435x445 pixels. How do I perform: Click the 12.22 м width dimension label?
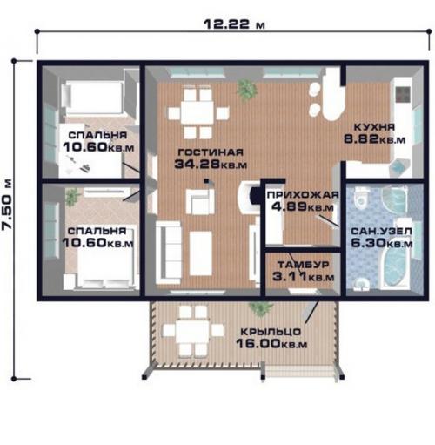(x=234, y=24)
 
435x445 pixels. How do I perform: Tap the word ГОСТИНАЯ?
(x=211, y=152)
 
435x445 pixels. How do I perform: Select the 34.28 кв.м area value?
(x=211, y=165)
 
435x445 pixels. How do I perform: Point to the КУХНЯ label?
(x=375, y=127)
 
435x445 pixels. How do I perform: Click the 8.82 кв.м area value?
(x=374, y=139)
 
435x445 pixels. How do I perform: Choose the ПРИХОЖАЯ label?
(x=303, y=195)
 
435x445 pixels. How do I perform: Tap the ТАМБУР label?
(x=304, y=265)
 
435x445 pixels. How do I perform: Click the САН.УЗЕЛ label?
(x=382, y=232)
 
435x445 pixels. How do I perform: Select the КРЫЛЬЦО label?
(x=271, y=332)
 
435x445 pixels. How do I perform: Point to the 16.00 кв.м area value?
(x=271, y=344)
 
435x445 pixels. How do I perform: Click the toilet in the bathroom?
(x=361, y=198)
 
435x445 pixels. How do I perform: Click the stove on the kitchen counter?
(x=404, y=95)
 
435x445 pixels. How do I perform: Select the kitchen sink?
(x=399, y=167)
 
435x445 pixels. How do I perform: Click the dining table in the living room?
(x=197, y=112)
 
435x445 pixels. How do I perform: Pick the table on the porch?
(x=192, y=331)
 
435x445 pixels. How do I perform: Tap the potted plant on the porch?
(x=261, y=307)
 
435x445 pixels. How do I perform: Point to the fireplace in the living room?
(x=250, y=194)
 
